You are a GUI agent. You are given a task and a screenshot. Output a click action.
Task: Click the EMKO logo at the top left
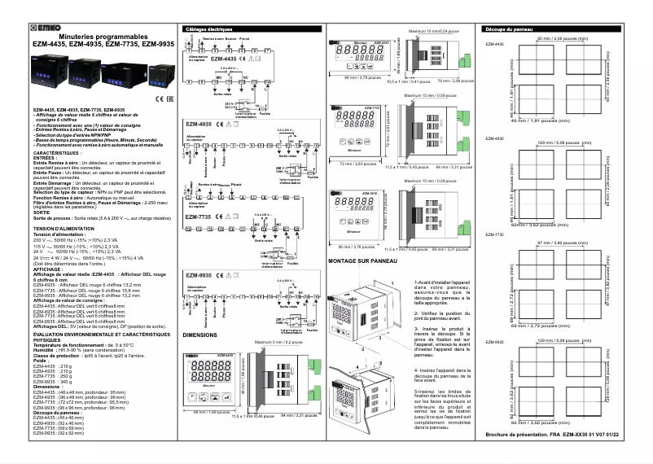coord(50,29)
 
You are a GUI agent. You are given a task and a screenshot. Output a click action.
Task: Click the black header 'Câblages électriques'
coord(209,28)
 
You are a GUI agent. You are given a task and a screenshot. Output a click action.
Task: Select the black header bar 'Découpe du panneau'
coord(509,28)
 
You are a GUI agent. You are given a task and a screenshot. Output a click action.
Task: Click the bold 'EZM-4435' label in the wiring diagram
coord(223,59)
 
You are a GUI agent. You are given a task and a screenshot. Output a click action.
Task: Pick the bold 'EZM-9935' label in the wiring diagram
coord(199,277)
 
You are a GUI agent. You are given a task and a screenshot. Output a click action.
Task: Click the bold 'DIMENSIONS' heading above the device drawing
coord(200,335)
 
